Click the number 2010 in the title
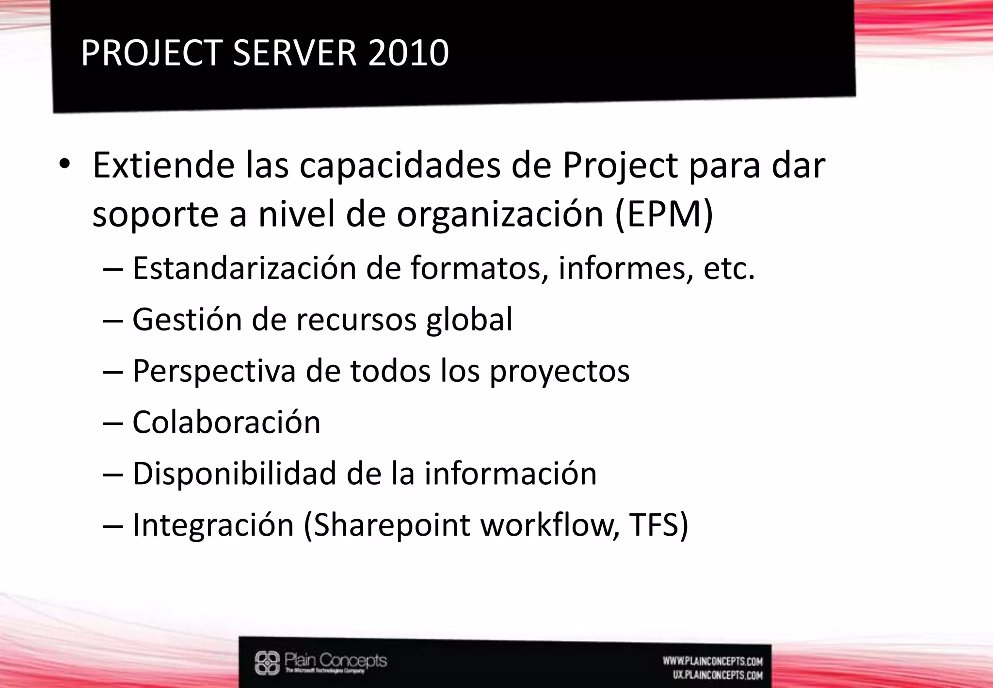(408, 53)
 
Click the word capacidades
(400, 165)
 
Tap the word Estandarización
(244, 268)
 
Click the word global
(469, 319)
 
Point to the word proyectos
(560, 371)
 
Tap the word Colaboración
(226, 422)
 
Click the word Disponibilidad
(234, 474)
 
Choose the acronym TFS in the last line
(658, 525)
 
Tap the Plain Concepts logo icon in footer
(267, 663)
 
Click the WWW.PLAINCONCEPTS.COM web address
(713, 661)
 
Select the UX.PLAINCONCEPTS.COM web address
(718, 675)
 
